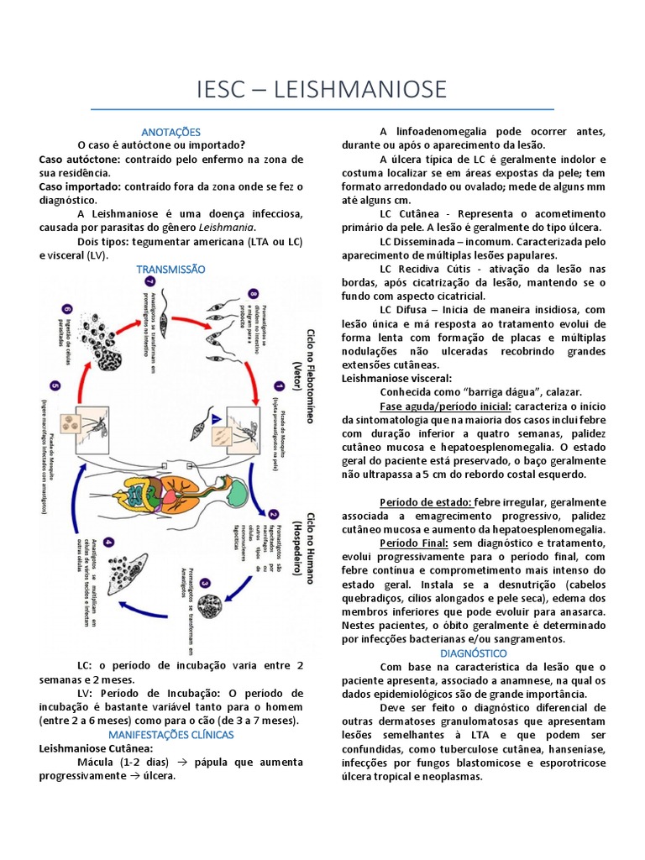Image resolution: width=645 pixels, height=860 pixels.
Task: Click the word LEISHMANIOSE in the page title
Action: pyautogui.click(x=361, y=88)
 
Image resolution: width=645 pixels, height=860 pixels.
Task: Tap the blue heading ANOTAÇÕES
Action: pyautogui.click(x=171, y=132)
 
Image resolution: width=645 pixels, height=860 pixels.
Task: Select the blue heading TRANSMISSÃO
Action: pyautogui.click(x=170, y=269)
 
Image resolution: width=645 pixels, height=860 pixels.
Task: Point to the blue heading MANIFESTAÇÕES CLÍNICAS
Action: pyautogui.click(x=171, y=734)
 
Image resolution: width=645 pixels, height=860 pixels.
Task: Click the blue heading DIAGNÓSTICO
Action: pyautogui.click(x=474, y=653)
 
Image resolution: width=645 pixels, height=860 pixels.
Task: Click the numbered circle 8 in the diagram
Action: pyautogui.click(x=253, y=294)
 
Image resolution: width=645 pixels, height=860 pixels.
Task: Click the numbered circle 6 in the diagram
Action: pyautogui.click(x=67, y=308)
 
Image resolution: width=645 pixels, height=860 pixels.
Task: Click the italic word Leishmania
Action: pyautogui.click(x=227, y=228)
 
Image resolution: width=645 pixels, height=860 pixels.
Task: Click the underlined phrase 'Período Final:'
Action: pyautogui.click(x=415, y=543)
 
